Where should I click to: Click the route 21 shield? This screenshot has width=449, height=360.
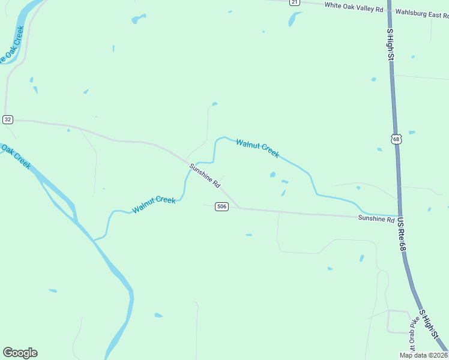[x=294, y=2]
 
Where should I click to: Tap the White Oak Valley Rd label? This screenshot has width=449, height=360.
[x=354, y=7]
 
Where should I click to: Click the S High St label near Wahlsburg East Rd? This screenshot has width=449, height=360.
[x=390, y=44]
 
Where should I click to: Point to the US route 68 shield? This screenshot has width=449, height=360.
[x=396, y=139]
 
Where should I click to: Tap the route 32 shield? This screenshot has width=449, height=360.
[x=7, y=119]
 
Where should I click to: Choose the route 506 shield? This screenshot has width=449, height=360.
[x=222, y=207]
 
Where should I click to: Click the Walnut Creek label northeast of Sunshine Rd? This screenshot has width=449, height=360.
[x=258, y=148]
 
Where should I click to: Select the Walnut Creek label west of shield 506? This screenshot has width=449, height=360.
[x=154, y=205]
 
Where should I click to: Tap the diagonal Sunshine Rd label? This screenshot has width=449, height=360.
[x=205, y=176]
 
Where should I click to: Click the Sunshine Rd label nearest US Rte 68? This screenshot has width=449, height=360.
[x=376, y=219]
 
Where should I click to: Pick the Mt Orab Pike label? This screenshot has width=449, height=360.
[x=413, y=337]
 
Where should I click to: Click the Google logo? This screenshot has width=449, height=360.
[x=20, y=353]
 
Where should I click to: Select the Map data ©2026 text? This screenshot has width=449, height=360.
[x=423, y=355]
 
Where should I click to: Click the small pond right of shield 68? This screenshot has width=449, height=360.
[x=412, y=133]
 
